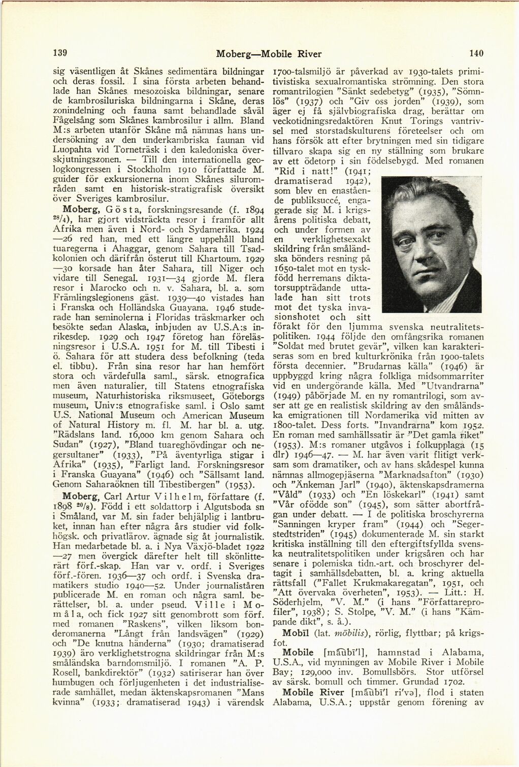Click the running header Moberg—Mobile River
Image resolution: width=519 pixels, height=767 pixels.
[x=269, y=54]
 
